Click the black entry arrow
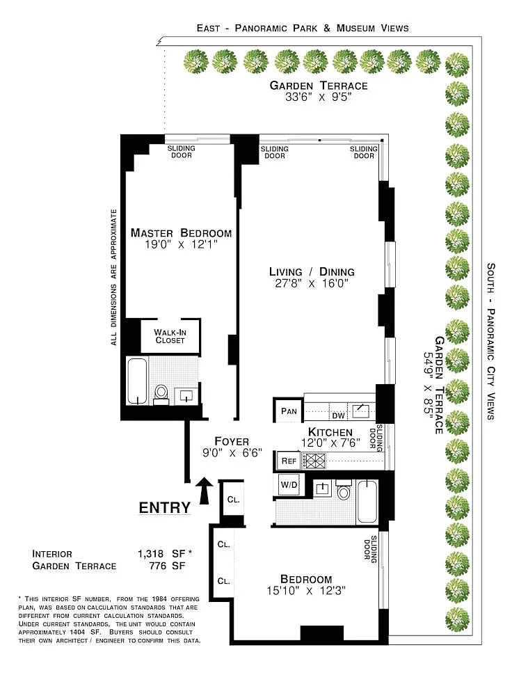pyautogui.click(x=204, y=491)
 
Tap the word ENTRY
pyautogui.click(x=164, y=507)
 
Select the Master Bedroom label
pyautogui.click(x=181, y=232)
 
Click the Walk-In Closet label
pyautogui.click(x=170, y=336)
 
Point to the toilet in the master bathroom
pyautogui.click(x=161, y=395)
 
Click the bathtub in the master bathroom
pyautogui.click(x=137, y=381)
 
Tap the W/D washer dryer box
pyautogui.click(x=289, y=484)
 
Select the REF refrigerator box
pyautogui.click(x=289, y=461)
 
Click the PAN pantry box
pyautogui.click(x=289, y=411)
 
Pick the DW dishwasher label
pyautogui.click(x=338, y=416)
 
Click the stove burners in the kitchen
pyautogui.click(x=313, y=461)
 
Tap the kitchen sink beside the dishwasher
pyautogui.click(x=360, y=411)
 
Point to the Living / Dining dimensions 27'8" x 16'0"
pyautogui.click(x=312, y=284)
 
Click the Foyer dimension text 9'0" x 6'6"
pyautogui.click(x=232, y=453)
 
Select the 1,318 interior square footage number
pyautogui.click(x=150, y=554)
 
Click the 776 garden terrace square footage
pyautogui.click(x=157, y=566)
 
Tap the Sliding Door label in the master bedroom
pyautogui.click(x=182, y=152)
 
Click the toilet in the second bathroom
pyautogui.click(x=344, y=490)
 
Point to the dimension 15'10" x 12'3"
pyautogui.click(x=306, y=591)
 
